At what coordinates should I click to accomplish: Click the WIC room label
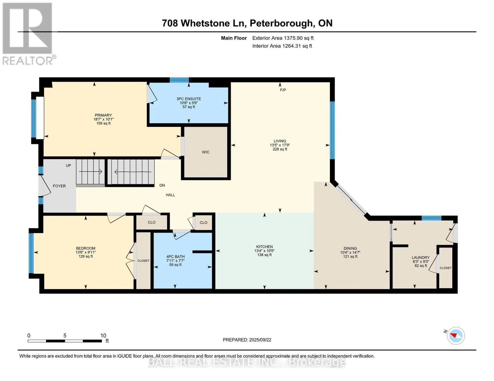point(205,152)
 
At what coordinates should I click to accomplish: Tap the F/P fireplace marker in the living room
point(283,90)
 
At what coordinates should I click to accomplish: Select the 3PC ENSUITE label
point(189,99)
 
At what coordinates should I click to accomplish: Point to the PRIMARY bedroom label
point(103,115)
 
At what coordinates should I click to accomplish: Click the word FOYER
point(59,186)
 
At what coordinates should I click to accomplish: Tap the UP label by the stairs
point(68,165)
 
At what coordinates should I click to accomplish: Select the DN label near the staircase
point(162,185)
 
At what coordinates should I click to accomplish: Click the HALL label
point(170,195)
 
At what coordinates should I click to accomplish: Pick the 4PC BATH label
point(175,257)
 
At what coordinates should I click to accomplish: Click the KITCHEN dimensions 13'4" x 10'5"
point(264,251)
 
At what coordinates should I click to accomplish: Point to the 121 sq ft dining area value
point(350,257)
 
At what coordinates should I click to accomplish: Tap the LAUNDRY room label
point(421,257)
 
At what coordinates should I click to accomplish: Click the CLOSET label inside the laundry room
point(446,268)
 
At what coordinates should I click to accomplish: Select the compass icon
point(456,336)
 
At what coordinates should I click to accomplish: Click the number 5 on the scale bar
point(65,335)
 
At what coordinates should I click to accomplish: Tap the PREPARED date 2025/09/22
point(260,340)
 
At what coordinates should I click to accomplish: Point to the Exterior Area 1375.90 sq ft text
point(283,38)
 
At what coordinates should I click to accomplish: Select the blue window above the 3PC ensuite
point(179,80)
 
